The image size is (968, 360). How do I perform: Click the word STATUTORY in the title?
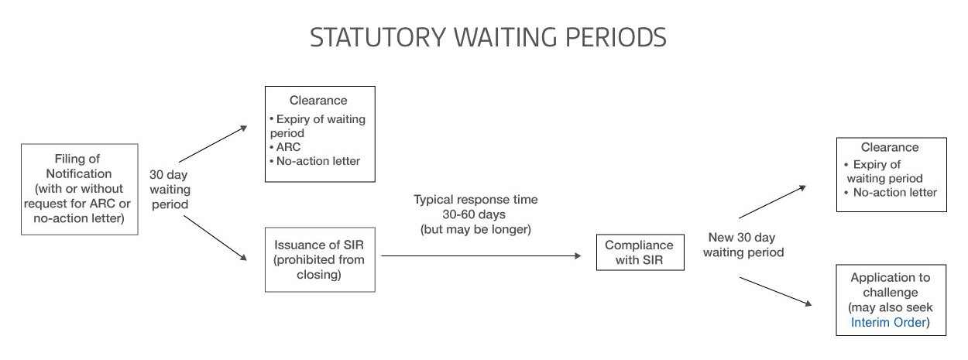click(378, 37)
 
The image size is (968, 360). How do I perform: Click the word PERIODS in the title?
click(616, 37)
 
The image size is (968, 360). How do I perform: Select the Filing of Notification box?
click(80, 190)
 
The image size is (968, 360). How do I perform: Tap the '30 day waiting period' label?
click(170, 190)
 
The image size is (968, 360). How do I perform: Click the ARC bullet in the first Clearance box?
click(285, 147)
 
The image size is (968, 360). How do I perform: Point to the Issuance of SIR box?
click(320, 259)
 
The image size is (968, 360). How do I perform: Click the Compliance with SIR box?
click(640, 252)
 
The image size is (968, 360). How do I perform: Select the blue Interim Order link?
click(888, 322)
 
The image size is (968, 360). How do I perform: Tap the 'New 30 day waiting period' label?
click(743, 245)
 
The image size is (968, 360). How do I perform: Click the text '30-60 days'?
click(474, 214)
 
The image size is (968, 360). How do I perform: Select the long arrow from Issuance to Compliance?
click(481, 255)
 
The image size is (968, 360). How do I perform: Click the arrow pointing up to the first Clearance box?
click(213, 144)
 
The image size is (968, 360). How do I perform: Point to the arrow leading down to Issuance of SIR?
click(215, 238)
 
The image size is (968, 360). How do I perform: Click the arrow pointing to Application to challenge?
click(776, 292)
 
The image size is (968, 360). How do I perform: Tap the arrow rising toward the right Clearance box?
click(773, 202)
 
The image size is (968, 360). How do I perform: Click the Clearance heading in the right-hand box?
click(890, 147)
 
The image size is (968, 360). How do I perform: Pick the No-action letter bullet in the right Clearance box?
click(891, 192)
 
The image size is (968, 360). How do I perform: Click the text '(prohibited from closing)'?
click(319, 267)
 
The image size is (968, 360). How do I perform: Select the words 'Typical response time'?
click(475, 200)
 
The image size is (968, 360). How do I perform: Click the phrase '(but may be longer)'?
click(475, 229)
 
